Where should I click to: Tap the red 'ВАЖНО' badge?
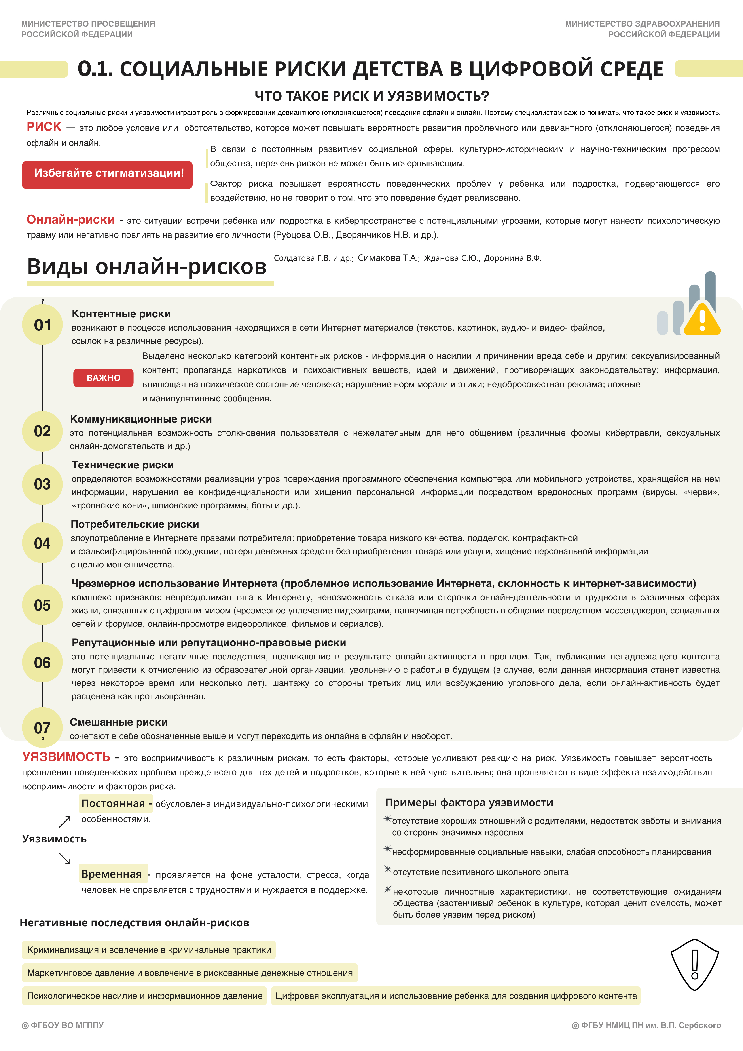pyautogui.click(x=103, y=378)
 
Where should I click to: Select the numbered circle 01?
pyautogui.click(x=43, y=325)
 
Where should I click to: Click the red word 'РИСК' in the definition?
pyautogui.click(x=44, y=127)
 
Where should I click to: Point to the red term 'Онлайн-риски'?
pyautogui.click(x=70, y=220)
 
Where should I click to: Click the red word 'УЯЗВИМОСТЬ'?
pyautogui.click(x=66, y=757)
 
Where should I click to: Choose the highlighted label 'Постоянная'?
pyautogui.click(x=113, y=803)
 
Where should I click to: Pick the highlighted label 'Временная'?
pyautogui.click(x=112, y=874)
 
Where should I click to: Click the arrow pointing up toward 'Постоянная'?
pyautogui.click(x=65, y=822)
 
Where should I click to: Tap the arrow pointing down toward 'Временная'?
pyautogui.click(x=65, y=858)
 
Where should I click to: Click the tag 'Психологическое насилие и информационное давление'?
pyautogui.click(x=145, y=996)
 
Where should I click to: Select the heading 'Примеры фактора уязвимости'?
pyautogui.click(x=469, y=802)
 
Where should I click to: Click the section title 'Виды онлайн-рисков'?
pyautogui.click(x=147, y=267)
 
